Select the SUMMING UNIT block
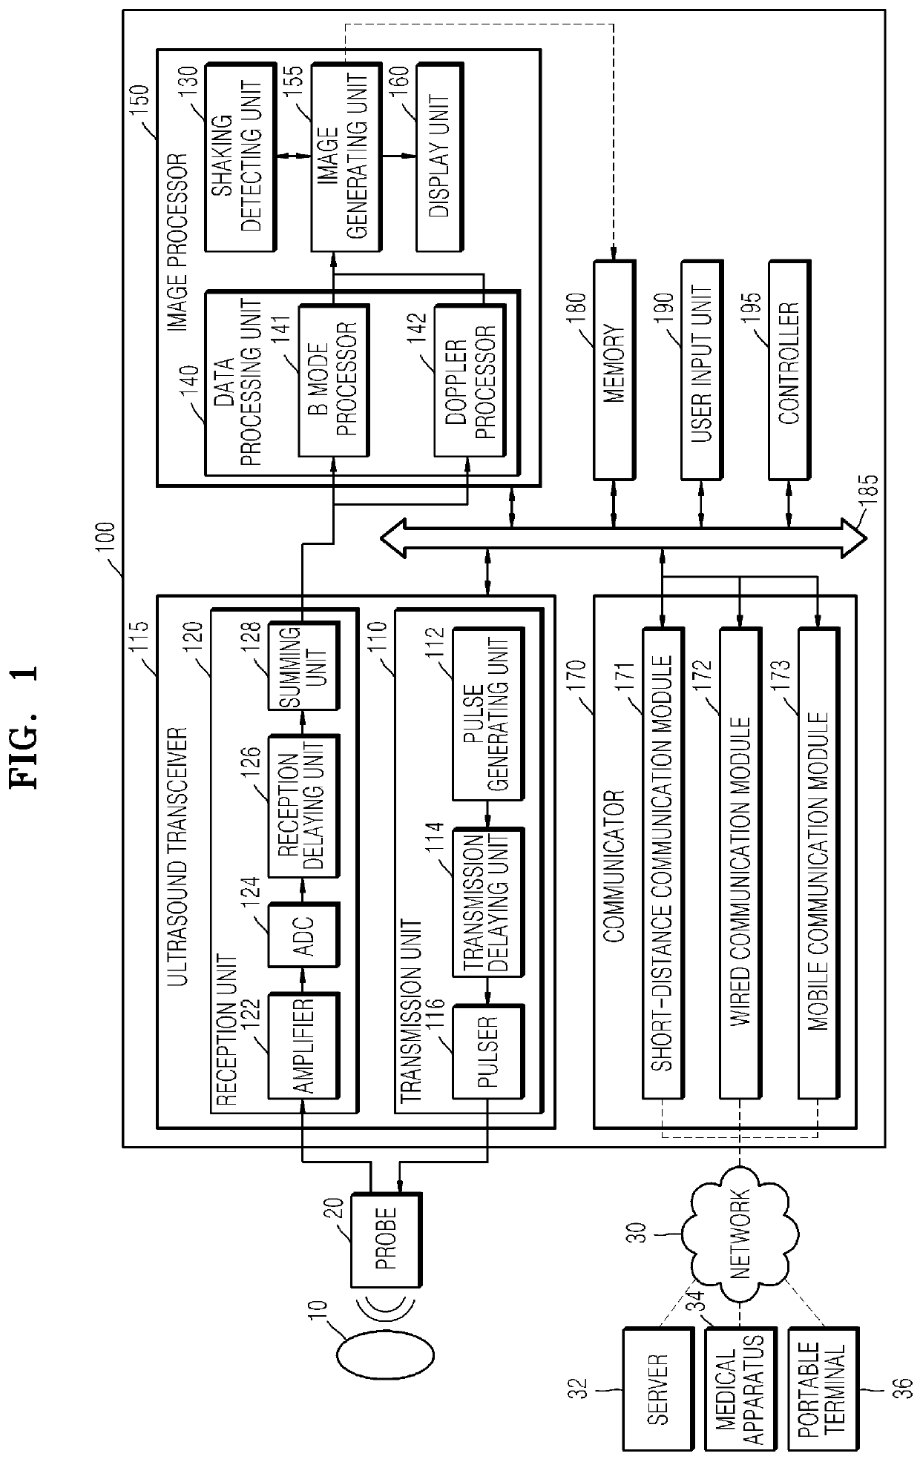click(303, 666)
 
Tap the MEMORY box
click(614, 369)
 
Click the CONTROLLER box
click(789, 369)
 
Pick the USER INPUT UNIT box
click(701, 369)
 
